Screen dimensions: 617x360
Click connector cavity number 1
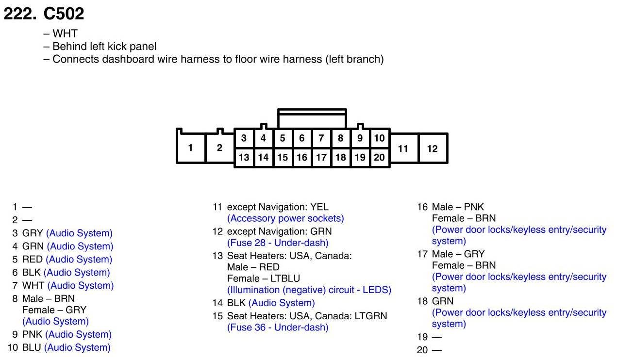pos(190,148)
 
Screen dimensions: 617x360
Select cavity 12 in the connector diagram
pos(432,148)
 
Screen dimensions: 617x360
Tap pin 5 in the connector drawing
pos(283,138)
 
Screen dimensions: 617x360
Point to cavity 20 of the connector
pos(379,157)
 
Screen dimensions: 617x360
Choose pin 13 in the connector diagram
pos(244,157)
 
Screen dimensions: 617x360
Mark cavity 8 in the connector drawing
pos(340,138)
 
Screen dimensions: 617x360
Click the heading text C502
pos(64,14)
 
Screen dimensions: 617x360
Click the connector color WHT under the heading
pos(65,34)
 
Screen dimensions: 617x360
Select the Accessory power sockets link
pos(285,218)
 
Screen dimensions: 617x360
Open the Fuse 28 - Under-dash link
pos(278,243)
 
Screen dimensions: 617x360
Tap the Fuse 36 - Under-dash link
pos(278,327)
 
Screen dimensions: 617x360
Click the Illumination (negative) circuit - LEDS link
pos(309,290)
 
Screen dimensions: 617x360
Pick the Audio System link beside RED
pos(79,260)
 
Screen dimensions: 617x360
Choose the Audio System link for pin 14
pos(282,303)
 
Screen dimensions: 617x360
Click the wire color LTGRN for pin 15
pos(371,316)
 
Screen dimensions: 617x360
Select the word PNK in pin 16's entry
pos(474,207)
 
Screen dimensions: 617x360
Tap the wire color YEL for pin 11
pos(319,207)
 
